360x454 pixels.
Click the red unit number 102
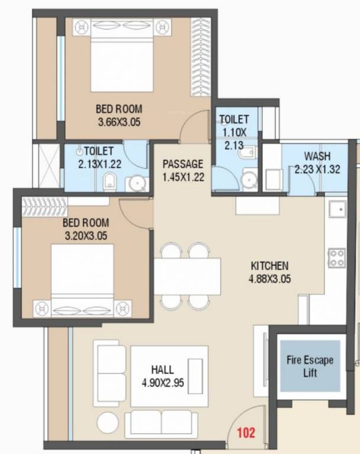click(x=246, y=432)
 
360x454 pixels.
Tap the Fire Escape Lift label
click(x=310, y=366)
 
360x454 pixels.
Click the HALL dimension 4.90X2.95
click(x=163, y=382)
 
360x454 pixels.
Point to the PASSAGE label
click(x=183, y=164)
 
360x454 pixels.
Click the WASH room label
click(x=317, y=157)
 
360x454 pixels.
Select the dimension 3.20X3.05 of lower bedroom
click(x=86, y=236)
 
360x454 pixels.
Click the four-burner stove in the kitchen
click(x=337, y=257)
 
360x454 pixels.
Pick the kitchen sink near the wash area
click(x=339, y=209)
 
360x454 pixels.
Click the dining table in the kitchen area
click(x=187, y=275)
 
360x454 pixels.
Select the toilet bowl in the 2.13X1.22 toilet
click(x=110, y=183)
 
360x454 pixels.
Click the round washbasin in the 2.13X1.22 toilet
click(x=138, y=184)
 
